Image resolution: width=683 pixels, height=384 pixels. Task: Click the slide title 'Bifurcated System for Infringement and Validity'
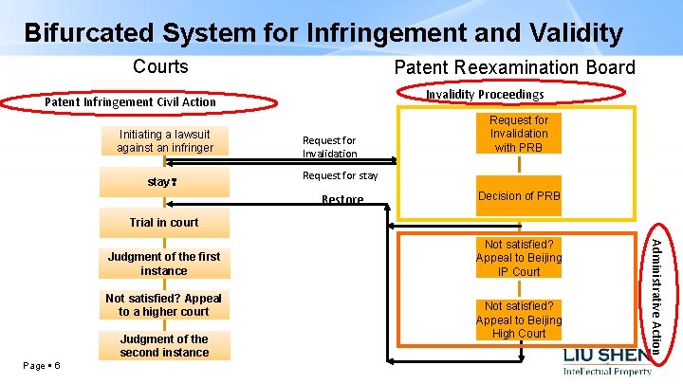point(323,32)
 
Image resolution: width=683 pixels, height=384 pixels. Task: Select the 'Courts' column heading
point(160,66)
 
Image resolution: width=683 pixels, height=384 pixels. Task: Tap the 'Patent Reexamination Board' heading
point(514,66)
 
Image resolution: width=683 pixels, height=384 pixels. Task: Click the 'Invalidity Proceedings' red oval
point(485,94)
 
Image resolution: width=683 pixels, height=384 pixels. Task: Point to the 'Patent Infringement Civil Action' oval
point(131,101)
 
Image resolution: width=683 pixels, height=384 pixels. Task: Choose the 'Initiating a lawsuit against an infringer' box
point(164,141)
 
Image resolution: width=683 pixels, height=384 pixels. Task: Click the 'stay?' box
point(164,181)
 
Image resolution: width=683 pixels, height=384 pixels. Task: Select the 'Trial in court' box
point(164,223)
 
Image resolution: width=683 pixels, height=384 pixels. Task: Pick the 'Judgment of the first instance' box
point(164,264)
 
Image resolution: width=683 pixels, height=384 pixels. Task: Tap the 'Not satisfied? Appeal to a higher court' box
point(164,304)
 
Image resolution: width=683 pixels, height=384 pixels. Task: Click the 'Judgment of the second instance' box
point(164,345)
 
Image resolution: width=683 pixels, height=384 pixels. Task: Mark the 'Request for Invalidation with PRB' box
point(518,134)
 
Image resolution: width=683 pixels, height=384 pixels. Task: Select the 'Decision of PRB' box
point(519,196)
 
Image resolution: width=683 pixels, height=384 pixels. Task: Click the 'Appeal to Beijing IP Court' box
point(519,258)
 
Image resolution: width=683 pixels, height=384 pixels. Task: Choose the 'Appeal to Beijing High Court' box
point(519,320)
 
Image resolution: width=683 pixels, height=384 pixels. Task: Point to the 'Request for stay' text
point(340,175)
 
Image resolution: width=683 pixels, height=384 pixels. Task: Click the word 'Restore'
point(342,200)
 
